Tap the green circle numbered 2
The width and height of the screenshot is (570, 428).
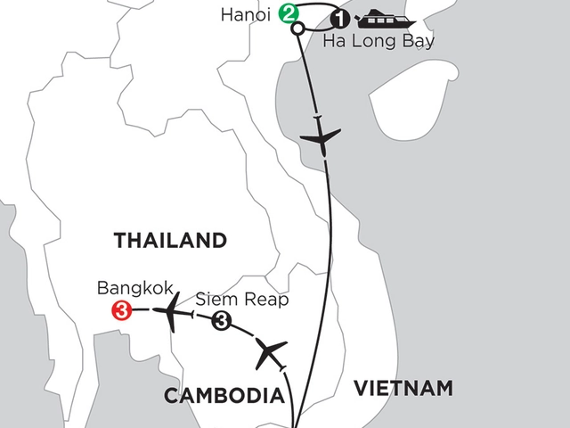(x=288, y=13)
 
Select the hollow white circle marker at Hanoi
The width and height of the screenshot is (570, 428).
(x=297, y=27)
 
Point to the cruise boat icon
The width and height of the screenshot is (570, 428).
(x=375, y=18)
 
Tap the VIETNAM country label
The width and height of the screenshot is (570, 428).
(x=403, y=388)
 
